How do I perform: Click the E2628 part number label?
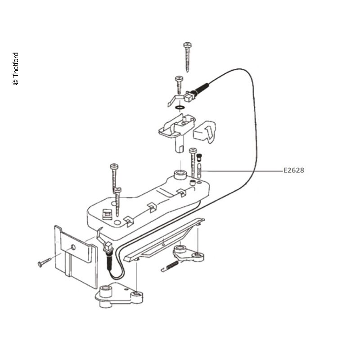coord(294,170)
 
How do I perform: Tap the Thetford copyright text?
coord(15,69)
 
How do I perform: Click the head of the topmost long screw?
coord(187,44)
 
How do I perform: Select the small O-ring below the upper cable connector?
coord(180,107)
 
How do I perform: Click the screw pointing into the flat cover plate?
coord(44,262)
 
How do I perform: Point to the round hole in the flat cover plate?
coord(73,247)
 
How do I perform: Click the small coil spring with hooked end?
coord(170,266)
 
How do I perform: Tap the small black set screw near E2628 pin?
coord(199,157)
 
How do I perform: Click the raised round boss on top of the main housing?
coord(180,175)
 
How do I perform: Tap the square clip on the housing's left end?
coord(107,214)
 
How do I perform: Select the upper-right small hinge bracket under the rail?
coord(188,253)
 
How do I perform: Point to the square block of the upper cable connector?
coord(188,97)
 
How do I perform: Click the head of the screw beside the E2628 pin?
coord(193,150)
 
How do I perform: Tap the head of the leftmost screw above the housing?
coord(114,166)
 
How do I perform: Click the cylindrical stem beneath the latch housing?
coord(180,144)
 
